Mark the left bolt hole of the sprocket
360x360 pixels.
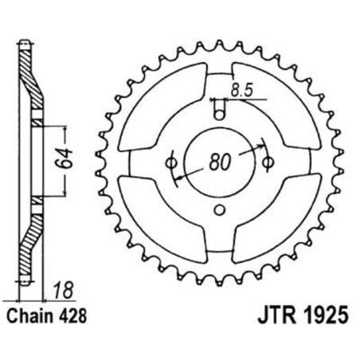169,162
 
